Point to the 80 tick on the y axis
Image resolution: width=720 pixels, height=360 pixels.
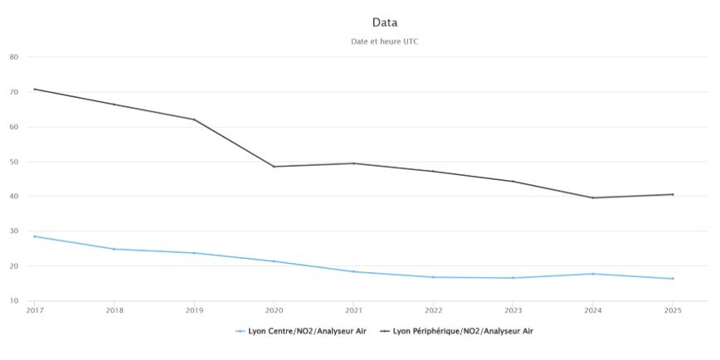(x=14, y=57)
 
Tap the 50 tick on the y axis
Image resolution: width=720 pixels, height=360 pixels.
(x=14, y=162)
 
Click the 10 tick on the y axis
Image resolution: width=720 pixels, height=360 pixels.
(x=14, y=301)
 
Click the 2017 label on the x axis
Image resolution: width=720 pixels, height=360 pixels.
(x=35, y=310)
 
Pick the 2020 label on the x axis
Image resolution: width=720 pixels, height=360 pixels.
(x=274, y=310)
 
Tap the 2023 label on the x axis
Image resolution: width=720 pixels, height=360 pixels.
(x=513, y=310)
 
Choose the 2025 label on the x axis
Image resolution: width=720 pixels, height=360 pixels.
(x=672, y=310)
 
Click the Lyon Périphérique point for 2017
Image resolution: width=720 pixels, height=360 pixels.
(x=35, y=89)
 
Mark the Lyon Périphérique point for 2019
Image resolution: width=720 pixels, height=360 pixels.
(x=194, y=119)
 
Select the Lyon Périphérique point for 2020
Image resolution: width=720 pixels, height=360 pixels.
(x=274, y=167)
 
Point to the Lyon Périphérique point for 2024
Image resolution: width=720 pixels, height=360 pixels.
(x=592, y=197)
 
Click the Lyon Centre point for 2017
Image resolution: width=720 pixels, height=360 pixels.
(x=35, y=236)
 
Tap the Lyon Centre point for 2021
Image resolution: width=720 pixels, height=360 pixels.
(x=353, y=271)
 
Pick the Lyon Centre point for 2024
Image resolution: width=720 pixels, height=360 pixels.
(x=592, y=274)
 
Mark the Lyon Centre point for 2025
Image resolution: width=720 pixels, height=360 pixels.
(x=672, y=279)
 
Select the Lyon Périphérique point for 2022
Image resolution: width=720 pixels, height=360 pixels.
(x=433, y=171)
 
